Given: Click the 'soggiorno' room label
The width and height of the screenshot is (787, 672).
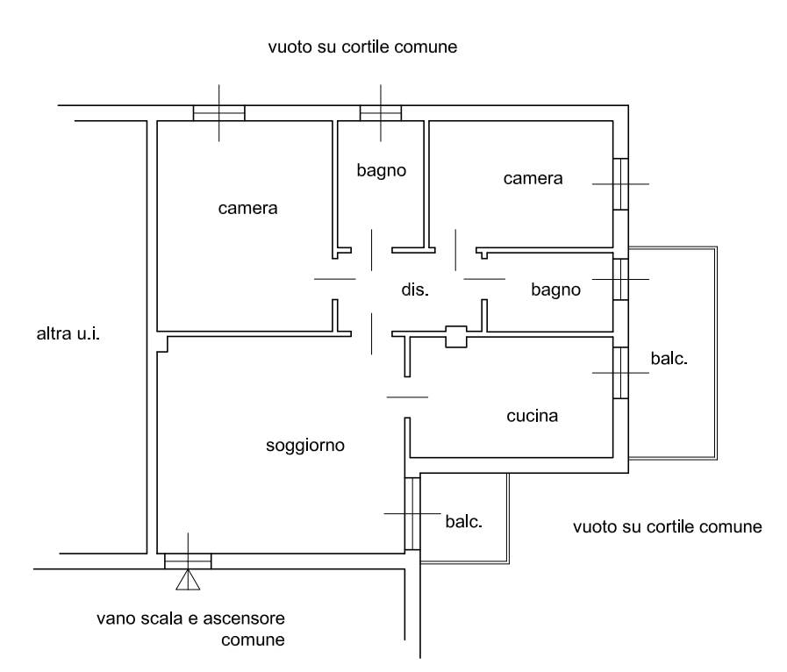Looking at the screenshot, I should tap(305, 446).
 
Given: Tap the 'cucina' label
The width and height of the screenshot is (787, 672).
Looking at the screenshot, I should tap(532, 416).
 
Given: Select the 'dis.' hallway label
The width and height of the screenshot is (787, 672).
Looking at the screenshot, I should tap(415, 289).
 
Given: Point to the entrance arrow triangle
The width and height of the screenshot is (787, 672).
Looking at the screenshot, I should tap(187, 580).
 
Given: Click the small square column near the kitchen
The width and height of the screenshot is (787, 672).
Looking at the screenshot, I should tap(457, 336).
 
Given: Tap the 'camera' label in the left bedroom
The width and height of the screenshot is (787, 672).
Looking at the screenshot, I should tap(248, 209).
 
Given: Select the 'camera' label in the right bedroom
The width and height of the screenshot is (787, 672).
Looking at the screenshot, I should tap(533, 179).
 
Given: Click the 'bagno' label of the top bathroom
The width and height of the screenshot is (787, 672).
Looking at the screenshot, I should tap(382, 170).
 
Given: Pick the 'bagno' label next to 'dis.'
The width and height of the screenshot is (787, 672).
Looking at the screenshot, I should tap(555, 289).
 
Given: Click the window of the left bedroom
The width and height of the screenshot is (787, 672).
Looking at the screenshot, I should tap(218, 112).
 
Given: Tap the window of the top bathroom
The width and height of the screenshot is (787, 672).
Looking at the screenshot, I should tap(381, 112).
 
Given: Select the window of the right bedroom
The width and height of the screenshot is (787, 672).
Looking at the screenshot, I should tap(621, 183).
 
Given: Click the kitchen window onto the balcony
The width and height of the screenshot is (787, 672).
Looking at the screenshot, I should tap(621, 372).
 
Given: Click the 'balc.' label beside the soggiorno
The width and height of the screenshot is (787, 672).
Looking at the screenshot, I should tap(464, 521).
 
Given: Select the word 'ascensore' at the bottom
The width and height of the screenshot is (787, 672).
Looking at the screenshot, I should tap(247, 618).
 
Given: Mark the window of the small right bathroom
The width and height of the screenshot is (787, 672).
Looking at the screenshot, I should tap(621, 279).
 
